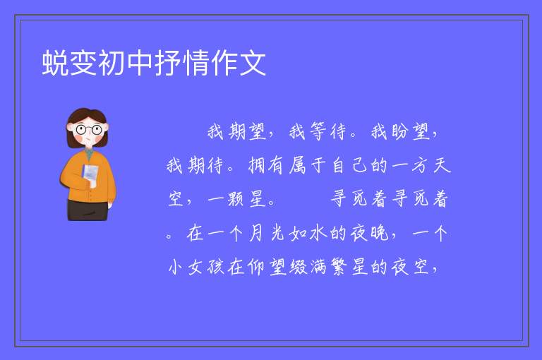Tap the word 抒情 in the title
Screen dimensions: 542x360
pyautogui.click(x=181, y=63)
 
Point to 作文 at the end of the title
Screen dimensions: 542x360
pyautogui.click(x=238, y=63)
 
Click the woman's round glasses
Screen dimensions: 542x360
pyautogui.click(x=88, y=130)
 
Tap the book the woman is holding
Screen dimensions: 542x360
pyautogui.click(x=90, y=174)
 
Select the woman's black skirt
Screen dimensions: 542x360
pyautogui.click(x=88, y=210)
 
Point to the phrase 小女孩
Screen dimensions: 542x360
pyautogui.click(x=196, y=267)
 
